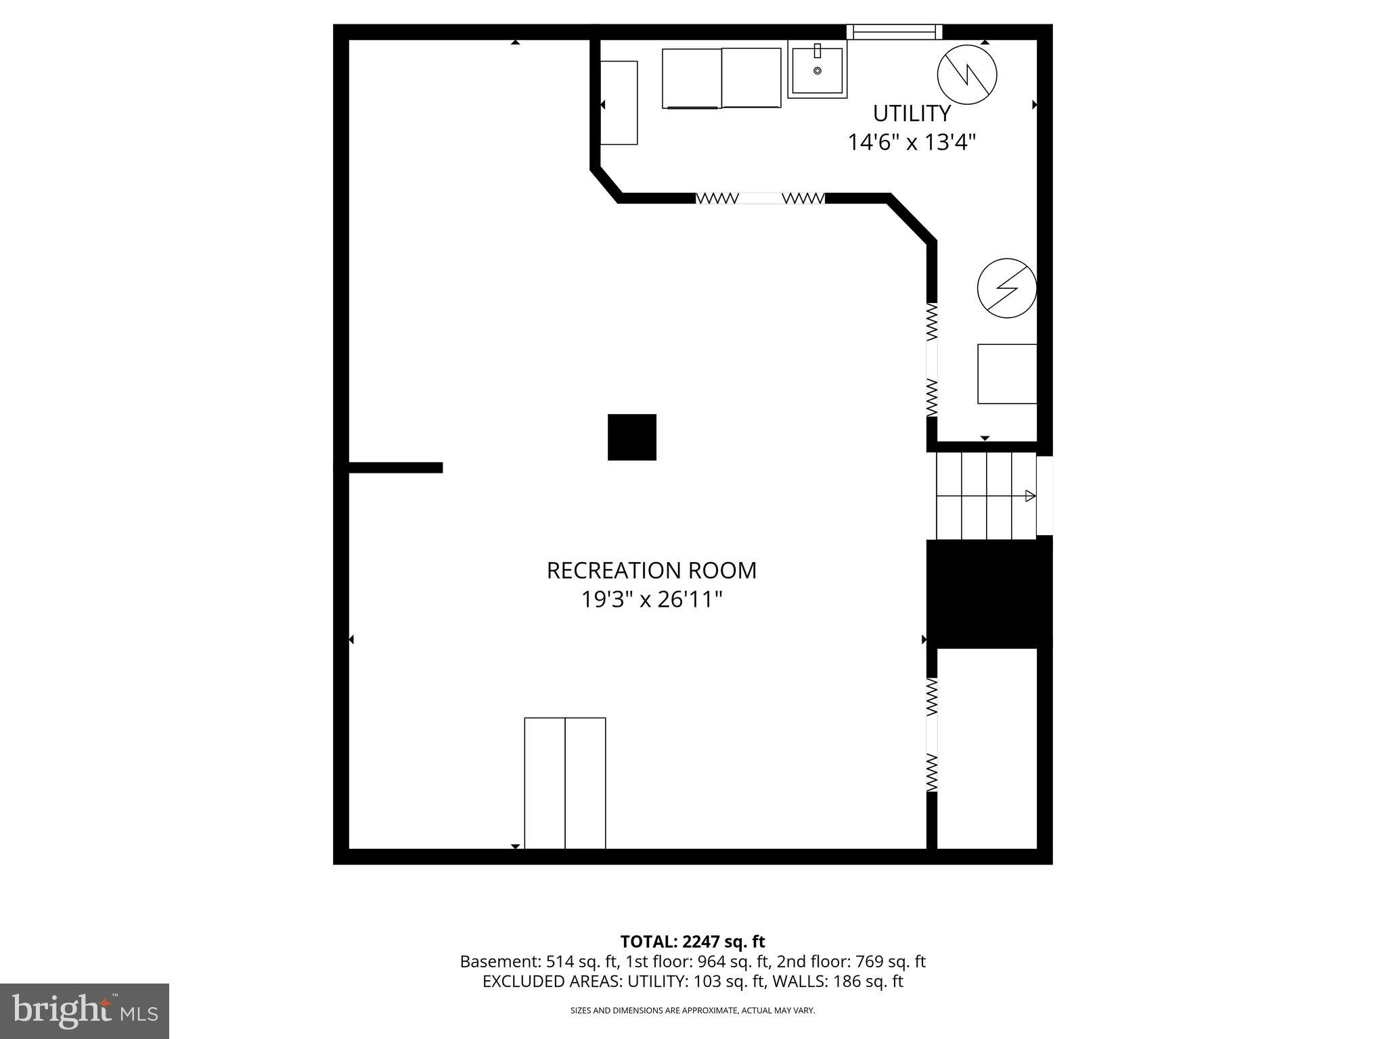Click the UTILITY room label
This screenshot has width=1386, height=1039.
tap(912, 113)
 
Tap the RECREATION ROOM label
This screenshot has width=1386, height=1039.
tap(651, 570)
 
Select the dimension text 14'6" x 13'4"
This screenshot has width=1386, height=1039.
tap(912, 143)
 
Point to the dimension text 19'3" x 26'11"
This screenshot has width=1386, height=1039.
tap(651, 600)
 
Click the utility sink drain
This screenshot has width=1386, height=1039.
tap(818, 71)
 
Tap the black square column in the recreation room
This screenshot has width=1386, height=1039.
tap(631, 437)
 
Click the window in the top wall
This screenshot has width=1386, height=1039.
tap(894, 32)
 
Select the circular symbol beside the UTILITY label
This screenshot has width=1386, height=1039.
tap(967, 74)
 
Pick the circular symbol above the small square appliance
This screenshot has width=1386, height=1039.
tap(1007, 288)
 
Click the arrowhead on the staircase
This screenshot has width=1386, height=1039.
tap(1030, 496)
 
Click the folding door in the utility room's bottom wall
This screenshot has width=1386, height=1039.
tap(760, 198)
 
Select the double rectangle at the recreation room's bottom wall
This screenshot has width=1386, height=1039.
tap(565, 783)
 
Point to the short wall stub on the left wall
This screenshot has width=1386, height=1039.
tap(395, 467)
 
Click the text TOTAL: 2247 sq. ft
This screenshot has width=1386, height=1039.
tap(692, 942)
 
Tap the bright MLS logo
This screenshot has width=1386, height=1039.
tap(85, 1011)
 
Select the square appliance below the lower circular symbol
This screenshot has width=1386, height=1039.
tap(1007, 374)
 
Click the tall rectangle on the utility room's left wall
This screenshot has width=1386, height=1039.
tap(619, 103)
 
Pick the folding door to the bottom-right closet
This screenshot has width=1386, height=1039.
tap(932, 735)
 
